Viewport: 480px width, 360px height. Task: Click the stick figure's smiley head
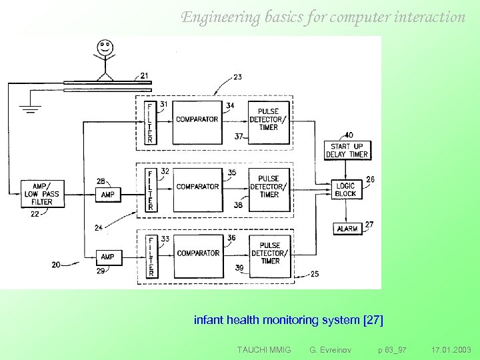click(103, 48)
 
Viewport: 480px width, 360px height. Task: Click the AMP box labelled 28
click(107, 195)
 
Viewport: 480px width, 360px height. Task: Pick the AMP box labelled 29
click(107, 257)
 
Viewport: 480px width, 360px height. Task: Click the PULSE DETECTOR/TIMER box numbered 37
click(269, 119)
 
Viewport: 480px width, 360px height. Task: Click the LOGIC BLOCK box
click(347, 189)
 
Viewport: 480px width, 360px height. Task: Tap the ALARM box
click(347, 228)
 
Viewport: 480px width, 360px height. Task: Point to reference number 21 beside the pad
click(145, 75)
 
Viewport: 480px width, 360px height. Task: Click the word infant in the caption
click(209, 320)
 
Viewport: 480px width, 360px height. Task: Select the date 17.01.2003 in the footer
click(451, 349)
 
